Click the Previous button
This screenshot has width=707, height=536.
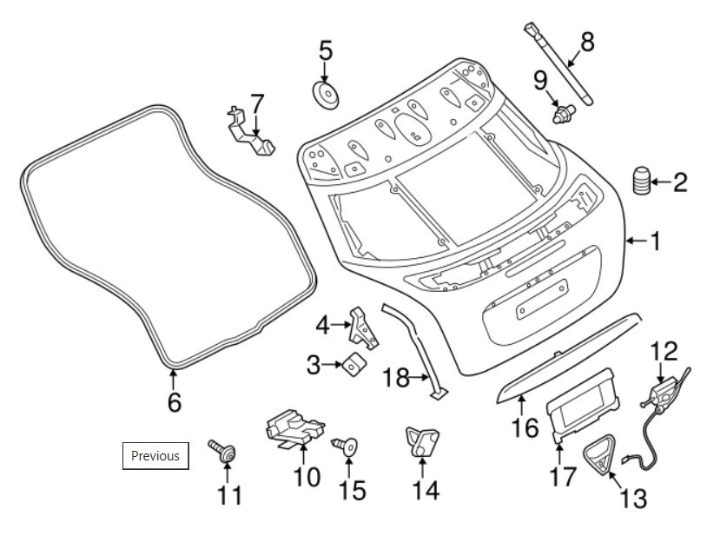(155, 455)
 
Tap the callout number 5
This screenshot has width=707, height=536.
(325, 50)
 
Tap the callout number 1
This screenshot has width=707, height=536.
(655, 241)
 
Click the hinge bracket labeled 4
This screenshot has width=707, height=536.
(361, 328)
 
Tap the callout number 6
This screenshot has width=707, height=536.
(174, 403)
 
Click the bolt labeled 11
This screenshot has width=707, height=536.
(223, 451)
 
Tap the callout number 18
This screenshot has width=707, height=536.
(395, 378)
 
